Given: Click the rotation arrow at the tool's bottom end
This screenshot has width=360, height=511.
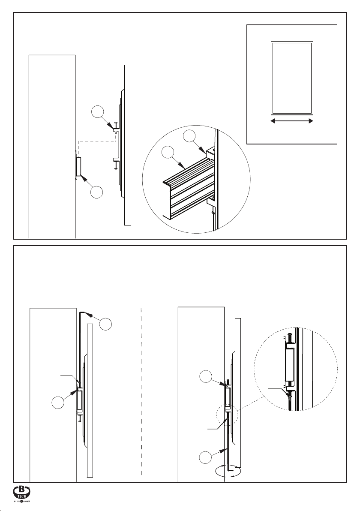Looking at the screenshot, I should (x=230, y=471).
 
